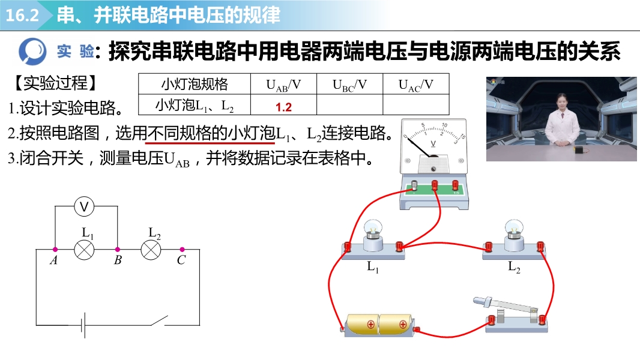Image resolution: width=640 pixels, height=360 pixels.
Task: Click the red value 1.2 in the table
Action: click(283, 107)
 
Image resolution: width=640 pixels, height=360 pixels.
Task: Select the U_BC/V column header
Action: click(349, 85)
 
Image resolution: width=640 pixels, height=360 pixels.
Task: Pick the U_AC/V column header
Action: click(415, 85)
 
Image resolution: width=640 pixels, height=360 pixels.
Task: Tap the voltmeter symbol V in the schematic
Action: click(84, 207)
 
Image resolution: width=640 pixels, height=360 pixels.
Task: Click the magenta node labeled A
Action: click(55, 250)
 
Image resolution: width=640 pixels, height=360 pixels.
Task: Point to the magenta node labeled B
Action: click(118, 250)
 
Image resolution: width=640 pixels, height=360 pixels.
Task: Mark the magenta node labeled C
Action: click(182, 250)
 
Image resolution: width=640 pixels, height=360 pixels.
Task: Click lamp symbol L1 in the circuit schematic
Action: click(84, 250)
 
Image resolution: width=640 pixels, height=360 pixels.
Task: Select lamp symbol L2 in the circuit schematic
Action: click(151, 250)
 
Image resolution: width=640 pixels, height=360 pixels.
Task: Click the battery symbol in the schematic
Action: click(83, 325)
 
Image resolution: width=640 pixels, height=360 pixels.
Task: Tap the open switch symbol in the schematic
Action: click(159, 320)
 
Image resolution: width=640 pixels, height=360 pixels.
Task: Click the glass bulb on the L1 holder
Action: click(373, 228)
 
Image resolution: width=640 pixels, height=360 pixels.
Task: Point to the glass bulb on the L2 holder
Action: click(514, 228)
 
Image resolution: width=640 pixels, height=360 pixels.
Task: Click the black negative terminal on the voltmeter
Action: click(414, 185)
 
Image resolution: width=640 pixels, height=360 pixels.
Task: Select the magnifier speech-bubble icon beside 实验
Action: click(32, 52)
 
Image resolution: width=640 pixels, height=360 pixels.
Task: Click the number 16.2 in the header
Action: click(22, 15)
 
